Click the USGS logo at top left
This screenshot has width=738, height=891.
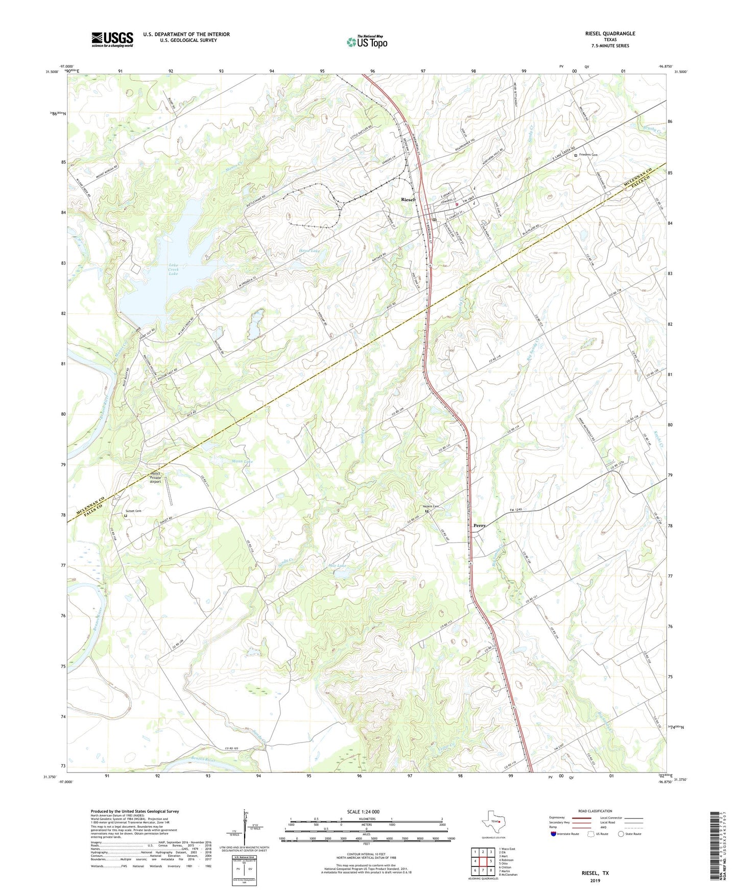pyautogui.click(x=112, y=39)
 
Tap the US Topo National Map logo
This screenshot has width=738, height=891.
pyautogui.click(x=366, y=42)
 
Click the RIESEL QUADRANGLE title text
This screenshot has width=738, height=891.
pyautogui.click(x=610, y=34)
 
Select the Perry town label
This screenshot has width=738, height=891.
pyautogui.click(x=479, y=525)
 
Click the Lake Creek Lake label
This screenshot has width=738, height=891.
pyautogui.click(x=173, y=269)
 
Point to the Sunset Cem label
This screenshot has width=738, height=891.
pyautogui.click(x=133, y=511)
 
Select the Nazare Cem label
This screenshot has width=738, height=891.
pyautogui.click(x=431, y=506)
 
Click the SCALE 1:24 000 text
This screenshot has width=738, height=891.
pyautogui.click(x=363, y=811)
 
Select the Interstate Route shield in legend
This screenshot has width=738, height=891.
pyautogui.click(x=555, y=834)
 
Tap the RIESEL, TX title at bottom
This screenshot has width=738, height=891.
pyautogui.click(x=595, y=873)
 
